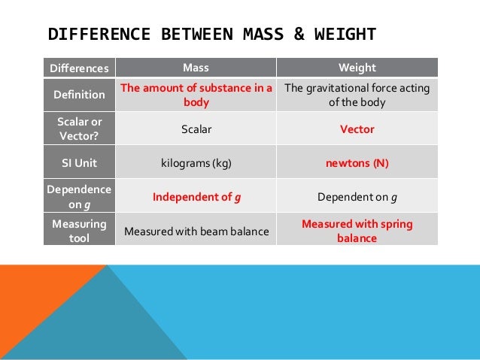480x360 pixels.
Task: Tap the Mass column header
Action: [196, 68]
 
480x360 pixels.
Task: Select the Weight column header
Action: [357, 68]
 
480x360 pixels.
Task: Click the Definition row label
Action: [79, 95]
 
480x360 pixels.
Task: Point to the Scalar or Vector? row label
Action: [79, 129]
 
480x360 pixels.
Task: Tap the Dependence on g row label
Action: [79, 197]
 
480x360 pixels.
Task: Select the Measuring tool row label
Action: [79, 231]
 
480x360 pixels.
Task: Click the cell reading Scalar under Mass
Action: [196, 129]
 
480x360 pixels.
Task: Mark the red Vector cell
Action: [357, 129]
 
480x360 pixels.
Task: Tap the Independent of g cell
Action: [196, 198]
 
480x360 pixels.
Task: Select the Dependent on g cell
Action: [357, 198]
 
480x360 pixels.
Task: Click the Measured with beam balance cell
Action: [196, 231]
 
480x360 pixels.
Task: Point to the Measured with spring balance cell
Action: [357, 231]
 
